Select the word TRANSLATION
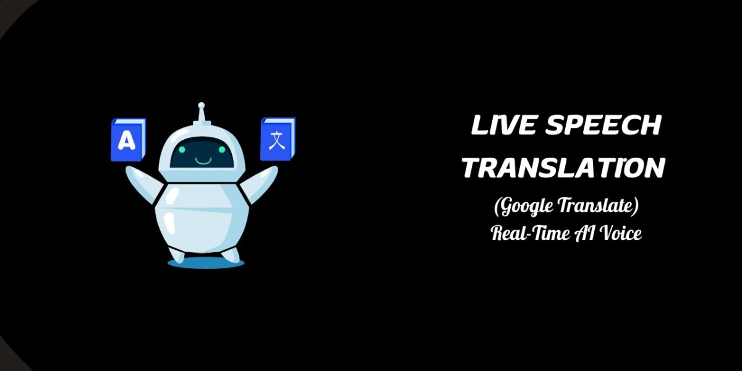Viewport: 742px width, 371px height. tap(564, 167)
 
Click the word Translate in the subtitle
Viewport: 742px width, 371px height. tap(600, 207)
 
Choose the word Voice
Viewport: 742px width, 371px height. tap(620, 233)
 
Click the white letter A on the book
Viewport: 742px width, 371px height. tap(126, 142)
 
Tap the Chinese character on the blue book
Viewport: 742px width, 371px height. tap(276, 139)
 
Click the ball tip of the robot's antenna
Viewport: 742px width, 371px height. tap(200, 106)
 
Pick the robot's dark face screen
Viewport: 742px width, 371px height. tap(200, 155)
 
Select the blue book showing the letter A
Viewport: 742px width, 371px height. tap(128, 140)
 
